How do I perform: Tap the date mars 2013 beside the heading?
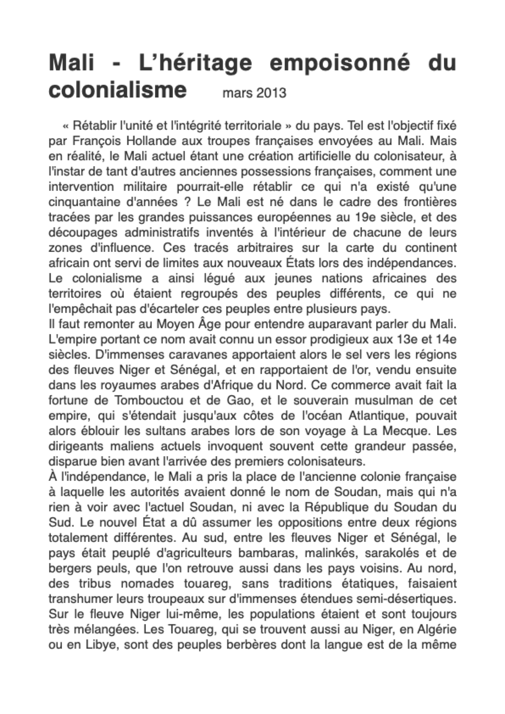pyautogui.click(x=254, y=92)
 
